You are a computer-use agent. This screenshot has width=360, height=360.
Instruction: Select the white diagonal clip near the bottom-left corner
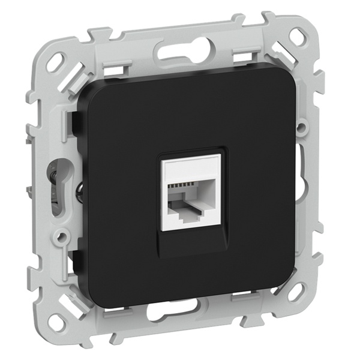pyautogui.click(x=76, y=296)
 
